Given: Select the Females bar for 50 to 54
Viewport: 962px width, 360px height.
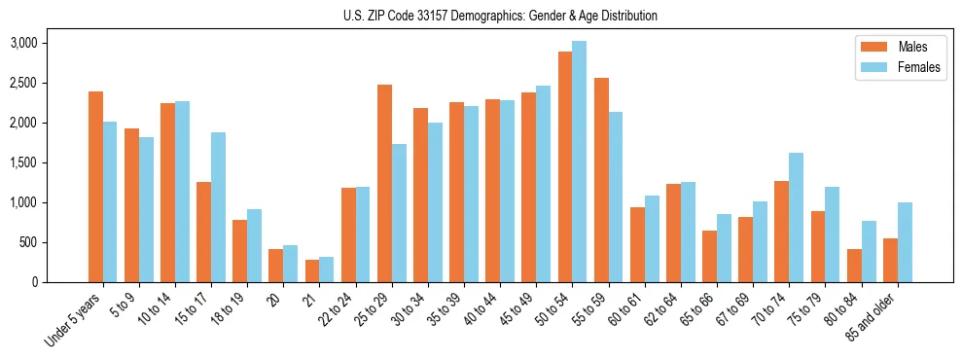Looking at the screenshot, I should point(579,162).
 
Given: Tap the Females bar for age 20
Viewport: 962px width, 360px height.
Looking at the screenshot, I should point(290,264).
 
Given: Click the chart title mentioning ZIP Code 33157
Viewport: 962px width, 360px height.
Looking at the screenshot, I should point(500,16).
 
